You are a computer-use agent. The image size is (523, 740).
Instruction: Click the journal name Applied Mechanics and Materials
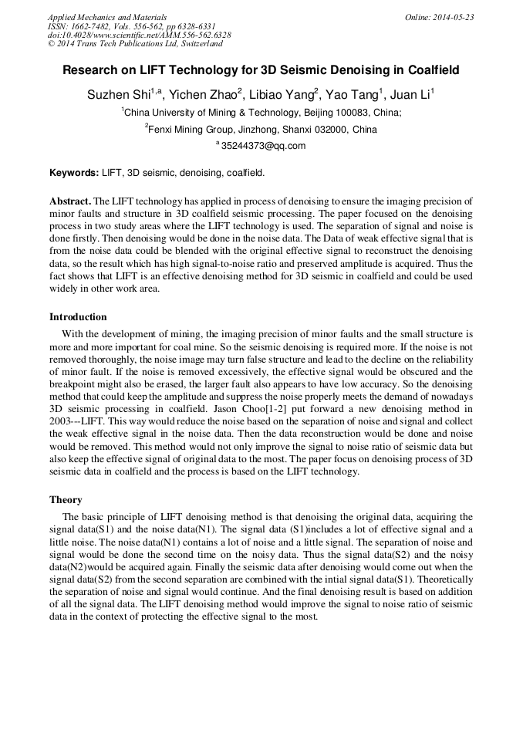(x=106, y=17)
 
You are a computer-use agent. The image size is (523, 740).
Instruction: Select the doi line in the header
(x=139, y=35)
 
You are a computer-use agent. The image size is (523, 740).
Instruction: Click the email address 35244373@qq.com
(x=263, y=146)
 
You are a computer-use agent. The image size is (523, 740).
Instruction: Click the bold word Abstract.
(x=70, y=201)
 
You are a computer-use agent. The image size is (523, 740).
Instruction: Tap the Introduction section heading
(x=78, y=317)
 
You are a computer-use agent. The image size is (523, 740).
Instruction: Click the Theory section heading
(x=66, y=500)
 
